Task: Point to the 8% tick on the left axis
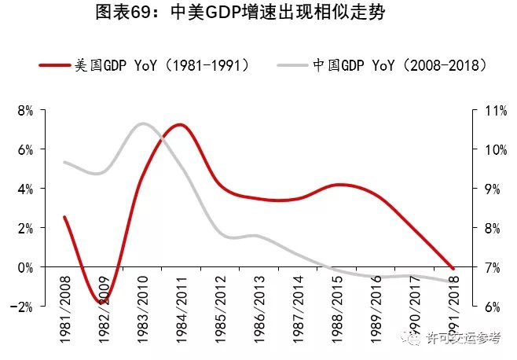click(25, 111)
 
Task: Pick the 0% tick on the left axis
click(25, 267)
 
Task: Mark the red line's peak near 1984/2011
click(179, 124)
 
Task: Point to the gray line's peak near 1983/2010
click(142, 123)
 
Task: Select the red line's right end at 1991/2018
click(454, 268)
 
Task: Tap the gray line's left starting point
click(64, 162)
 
